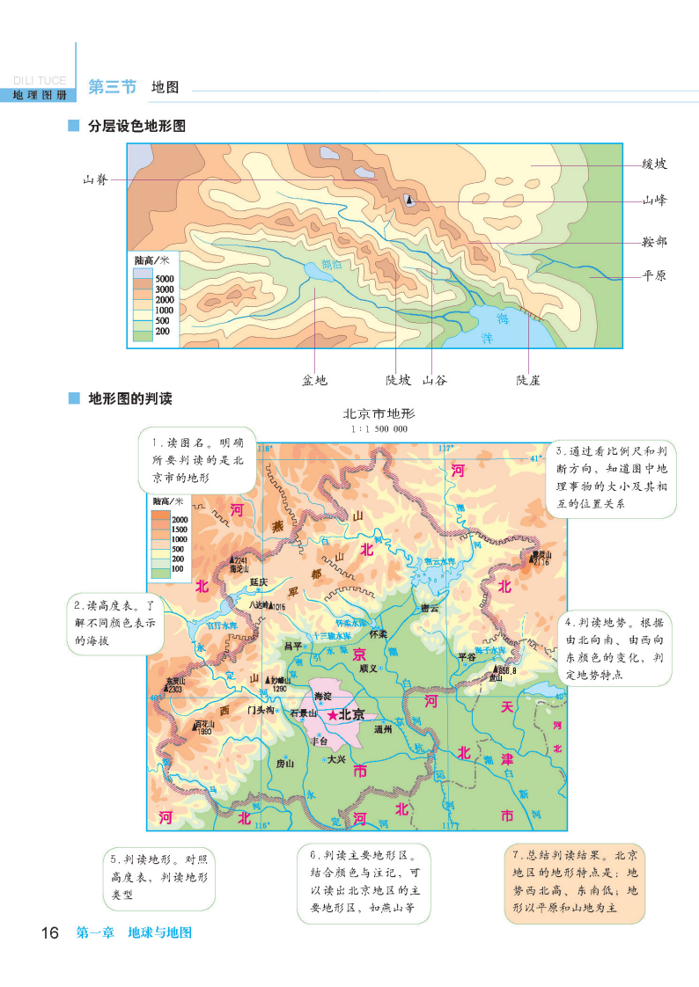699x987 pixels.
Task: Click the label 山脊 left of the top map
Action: pos(95,179)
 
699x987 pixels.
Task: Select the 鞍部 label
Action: pos(654,241)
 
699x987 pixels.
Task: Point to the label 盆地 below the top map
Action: pos(314,380)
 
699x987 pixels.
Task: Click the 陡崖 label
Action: pos(528,380)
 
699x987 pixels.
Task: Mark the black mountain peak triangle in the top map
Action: pos(409,201)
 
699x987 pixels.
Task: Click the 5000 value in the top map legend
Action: pos(166,279)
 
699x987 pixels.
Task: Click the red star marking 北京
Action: pos(332,716)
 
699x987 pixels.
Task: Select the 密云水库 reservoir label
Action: pos(439,561)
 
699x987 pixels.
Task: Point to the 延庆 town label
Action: pos(258,581)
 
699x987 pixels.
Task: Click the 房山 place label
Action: pos(284,763)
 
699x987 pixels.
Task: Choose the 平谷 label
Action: pos(467,655)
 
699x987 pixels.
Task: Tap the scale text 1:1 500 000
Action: pos(379,428)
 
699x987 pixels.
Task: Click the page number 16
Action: pos(49,932)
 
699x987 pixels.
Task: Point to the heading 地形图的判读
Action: pos(130,398)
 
